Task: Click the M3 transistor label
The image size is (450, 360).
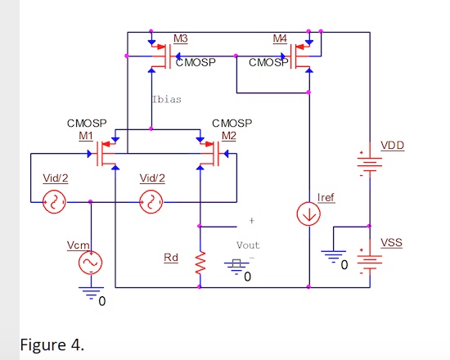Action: [181, 39]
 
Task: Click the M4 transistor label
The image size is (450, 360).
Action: [280, 39]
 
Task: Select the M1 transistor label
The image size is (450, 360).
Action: [86, 135]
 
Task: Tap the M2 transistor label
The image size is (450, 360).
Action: [228, 135]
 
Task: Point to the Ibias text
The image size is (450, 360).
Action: [167, 99]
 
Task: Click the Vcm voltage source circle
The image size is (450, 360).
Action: [89, 262]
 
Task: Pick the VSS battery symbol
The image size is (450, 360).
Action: [371, 260]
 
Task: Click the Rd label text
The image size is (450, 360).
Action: [171, 259]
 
